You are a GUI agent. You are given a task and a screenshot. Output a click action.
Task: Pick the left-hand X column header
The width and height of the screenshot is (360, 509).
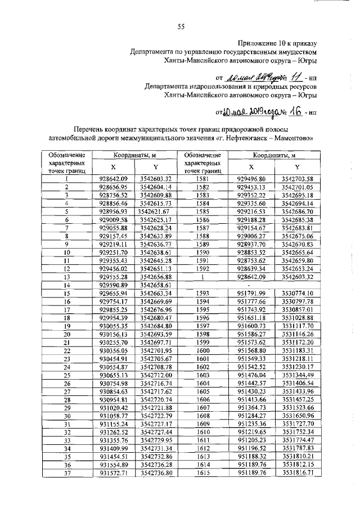[113, 167]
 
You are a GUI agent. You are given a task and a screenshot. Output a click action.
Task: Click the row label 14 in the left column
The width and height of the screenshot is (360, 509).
[66, 286]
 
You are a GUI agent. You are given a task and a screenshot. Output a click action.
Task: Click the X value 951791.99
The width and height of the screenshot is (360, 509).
[251, 294]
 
